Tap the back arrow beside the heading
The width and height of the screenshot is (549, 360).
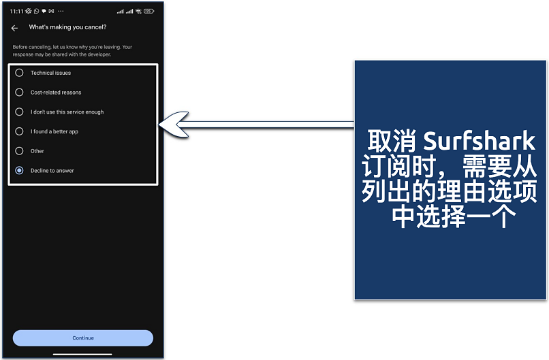(14, 28)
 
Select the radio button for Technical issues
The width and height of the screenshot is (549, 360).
(19, 73)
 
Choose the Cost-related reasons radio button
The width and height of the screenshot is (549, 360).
(19, 93)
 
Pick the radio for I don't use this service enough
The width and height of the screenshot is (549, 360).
(19, 112)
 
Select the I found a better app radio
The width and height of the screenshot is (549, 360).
(19, 131)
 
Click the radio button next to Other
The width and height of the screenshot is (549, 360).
(19, 151)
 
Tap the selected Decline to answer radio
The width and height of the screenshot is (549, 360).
(19, 171)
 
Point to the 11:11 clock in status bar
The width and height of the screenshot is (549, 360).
(16, 11)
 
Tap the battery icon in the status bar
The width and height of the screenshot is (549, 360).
(148, 11)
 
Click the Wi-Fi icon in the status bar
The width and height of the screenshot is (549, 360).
(138, 11)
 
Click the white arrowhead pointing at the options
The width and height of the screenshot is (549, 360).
(173, 123)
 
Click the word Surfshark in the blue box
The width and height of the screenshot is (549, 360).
(480, 142)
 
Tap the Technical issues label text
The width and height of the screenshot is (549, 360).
(50, 73)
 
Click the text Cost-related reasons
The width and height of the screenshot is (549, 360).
(56, 93)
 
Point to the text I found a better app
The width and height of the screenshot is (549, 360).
(54, 131)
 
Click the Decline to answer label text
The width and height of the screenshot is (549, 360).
(52, 171)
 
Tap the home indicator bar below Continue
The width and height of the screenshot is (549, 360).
(82, 354)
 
